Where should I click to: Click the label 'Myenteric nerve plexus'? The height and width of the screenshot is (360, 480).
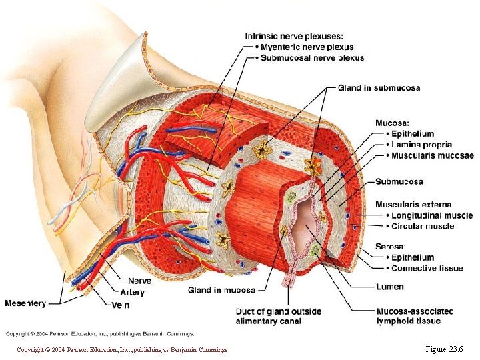pyautogui.click(x=307, y=47)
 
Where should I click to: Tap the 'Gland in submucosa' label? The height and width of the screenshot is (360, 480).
pyautogui.click(x=379, y=87)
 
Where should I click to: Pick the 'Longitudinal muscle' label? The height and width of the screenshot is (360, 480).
pyautogui.click(x=431, y=215)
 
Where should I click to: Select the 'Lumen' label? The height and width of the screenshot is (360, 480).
pyautogui.click(x=389, y=287)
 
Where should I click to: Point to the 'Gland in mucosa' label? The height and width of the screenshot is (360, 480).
pyautogui.click(x=221, y=290)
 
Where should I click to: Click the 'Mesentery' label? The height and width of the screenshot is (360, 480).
pyautogui.click(x=25, y=303)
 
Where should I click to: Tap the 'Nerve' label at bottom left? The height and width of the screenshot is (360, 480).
pyautogui.click(x=140, y=281)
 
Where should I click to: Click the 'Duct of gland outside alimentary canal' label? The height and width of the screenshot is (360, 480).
pyautogui.click(x=278, y=316)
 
